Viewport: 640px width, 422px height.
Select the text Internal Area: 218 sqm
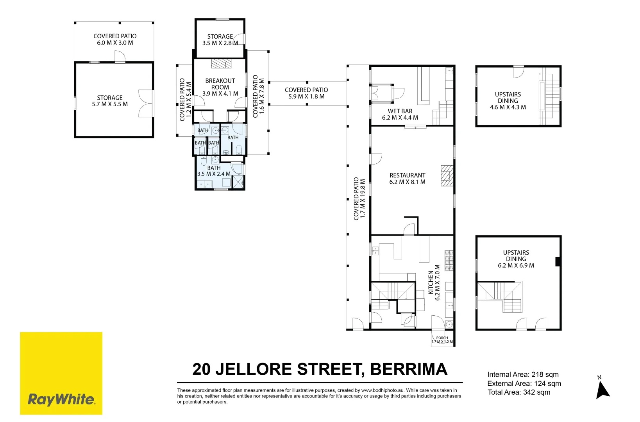coord(523,374)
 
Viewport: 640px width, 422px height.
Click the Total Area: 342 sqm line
coord(518,392)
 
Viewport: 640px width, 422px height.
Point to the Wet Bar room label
coord(400,114)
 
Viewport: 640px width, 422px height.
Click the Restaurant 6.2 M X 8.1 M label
coord(407,179)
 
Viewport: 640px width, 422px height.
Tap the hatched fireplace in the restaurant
coord(447,175)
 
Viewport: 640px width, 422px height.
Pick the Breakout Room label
coord(220,87)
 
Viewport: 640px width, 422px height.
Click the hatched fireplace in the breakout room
coord(221,63)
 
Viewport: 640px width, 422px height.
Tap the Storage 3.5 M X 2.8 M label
coord(220,39)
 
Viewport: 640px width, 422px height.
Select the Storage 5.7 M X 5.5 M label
coord(110,101)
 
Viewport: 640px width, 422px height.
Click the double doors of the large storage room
coord(146,104)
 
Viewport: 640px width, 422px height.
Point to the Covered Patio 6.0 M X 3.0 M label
coord(115,39)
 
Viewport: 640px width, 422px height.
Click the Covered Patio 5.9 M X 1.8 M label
coord(306,93)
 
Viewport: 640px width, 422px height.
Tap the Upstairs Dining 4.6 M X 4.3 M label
coord(508,100)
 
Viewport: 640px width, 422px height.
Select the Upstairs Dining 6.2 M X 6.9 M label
coord(516,259)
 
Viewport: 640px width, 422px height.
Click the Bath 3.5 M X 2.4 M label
coord(214,171)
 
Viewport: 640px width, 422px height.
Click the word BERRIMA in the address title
coord(408,369)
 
